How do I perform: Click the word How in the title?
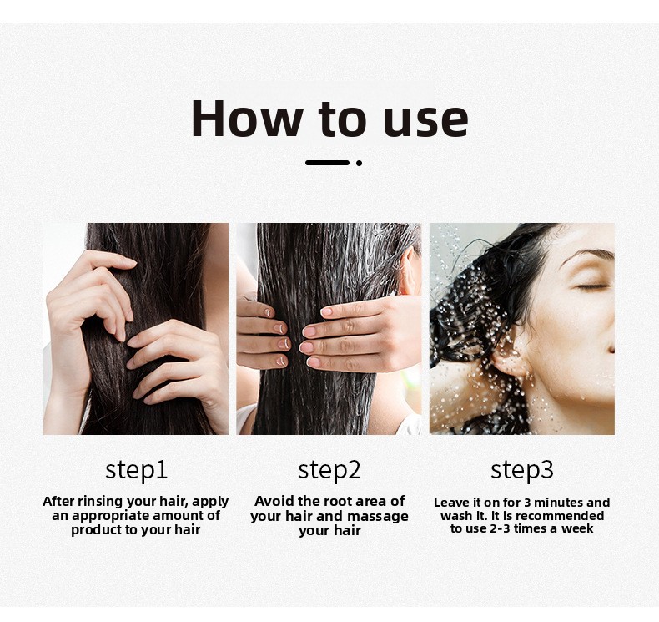tap(247, 119)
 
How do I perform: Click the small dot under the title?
tap(359, 163)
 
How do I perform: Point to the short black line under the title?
tap(327, 163)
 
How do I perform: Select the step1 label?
tap(136, 470)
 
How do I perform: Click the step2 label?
tap(329, 470)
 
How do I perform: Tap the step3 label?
tap(522, 470)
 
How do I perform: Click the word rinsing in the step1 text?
tap(100, 502)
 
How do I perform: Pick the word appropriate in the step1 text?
tap(112, 516)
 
